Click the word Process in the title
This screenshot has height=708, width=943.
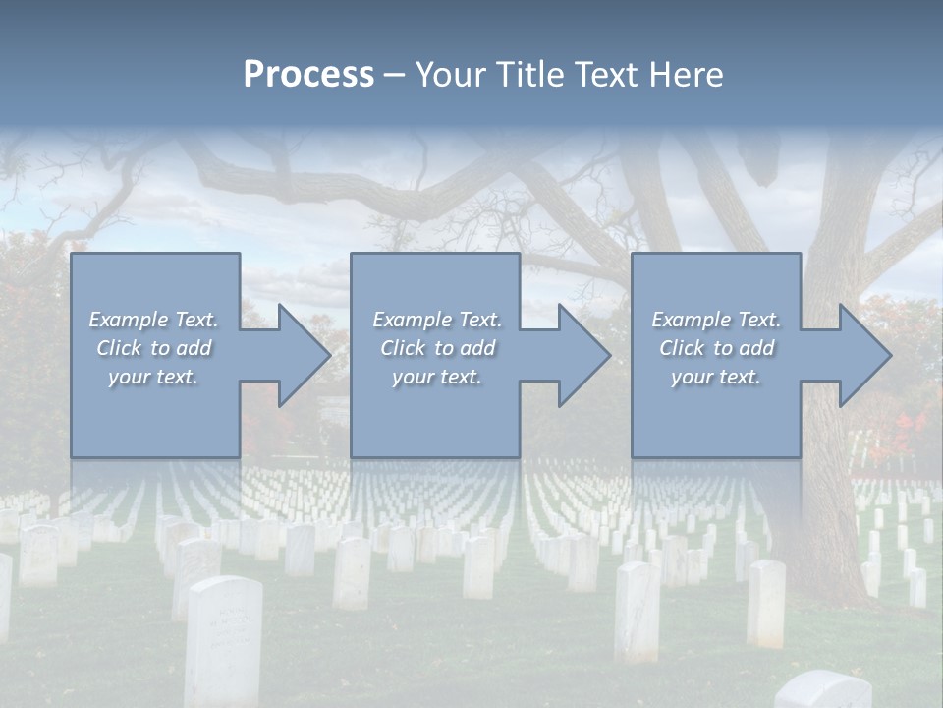pyautogui.click(x=308, y=75)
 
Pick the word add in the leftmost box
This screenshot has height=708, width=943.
pyautogui.click(x=194, y=348)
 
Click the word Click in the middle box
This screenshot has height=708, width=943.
pyautogui.click(x=402, y=348)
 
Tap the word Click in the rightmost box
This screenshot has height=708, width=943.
pyautogui.click(x=682, y=348)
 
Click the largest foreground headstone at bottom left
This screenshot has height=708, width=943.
pyautogui.click(x=224, y=639)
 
